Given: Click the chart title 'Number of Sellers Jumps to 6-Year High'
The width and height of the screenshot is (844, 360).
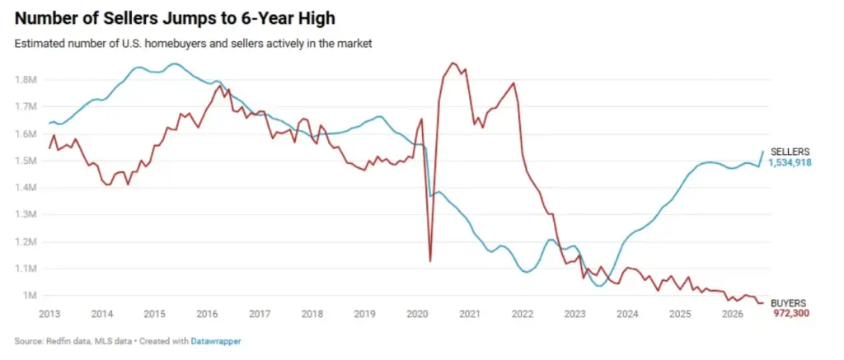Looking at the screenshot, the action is (x=175, y=18).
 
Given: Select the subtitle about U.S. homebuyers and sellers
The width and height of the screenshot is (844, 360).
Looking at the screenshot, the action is (x=193, y=44).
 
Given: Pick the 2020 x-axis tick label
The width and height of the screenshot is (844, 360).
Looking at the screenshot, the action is (x=419, y=314).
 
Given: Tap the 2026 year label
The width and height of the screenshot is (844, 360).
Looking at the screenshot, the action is (x=735, y=314).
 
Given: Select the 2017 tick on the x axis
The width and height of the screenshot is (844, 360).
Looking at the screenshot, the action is (x=260, y=314).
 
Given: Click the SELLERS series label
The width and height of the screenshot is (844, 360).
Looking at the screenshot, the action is (x=790, y=152).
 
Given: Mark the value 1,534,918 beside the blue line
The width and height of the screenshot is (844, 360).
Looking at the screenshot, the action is (x=790, y=162).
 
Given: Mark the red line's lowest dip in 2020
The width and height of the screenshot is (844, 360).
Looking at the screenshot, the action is (x=429, y=261).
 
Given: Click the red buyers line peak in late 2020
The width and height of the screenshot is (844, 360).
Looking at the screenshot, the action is (x=452, y=63).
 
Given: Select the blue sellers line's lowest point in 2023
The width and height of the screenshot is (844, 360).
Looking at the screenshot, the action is (x=599, y=286).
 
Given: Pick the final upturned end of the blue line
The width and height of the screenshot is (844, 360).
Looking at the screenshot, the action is (x=762, y=152).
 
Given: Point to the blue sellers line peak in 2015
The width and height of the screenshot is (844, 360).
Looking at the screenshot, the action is (x=174, y=63).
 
